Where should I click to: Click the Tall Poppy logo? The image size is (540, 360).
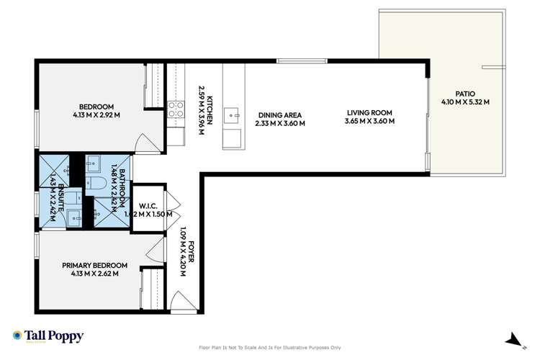point(48,336)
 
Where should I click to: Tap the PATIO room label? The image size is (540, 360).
point(465,93)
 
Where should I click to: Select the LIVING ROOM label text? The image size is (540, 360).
point(369,112)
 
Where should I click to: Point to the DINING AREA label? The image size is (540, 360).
point(279,114)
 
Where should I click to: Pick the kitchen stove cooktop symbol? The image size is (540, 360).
point(176,109)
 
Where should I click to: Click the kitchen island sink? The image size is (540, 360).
point(233,112)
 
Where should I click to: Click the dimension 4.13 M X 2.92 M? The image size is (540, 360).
point(96,115)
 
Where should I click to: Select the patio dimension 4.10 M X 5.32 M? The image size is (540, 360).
point(465,102)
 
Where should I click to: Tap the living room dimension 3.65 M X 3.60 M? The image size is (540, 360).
point(369,121)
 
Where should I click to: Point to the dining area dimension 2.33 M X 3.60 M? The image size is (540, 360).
point(279,123)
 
